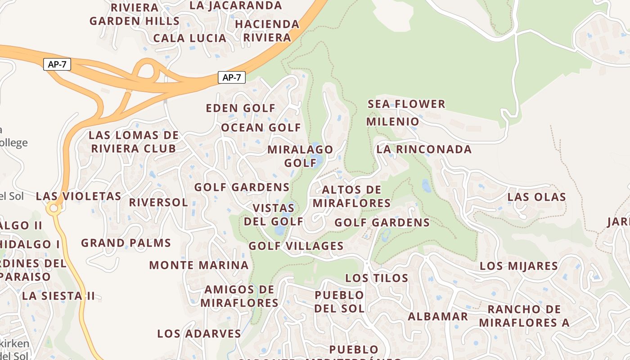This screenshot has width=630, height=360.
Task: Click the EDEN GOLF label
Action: click(240, 108)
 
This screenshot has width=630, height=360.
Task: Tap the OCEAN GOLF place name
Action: click(261, 128)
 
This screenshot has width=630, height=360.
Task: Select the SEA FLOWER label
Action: click(406, 104)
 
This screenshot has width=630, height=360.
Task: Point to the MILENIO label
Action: click(392, 122)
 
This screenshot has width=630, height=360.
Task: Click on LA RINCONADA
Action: click(424, 149)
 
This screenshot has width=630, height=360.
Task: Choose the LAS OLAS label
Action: click(536, 197)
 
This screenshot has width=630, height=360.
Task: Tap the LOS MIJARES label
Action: click(518, 266)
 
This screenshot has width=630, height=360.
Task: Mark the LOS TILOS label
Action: click(377, 278)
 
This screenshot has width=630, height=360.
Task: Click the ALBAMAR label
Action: click(437, 316)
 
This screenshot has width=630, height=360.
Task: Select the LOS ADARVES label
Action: click(199, 334)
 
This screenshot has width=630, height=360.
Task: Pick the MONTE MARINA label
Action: click(198, 265)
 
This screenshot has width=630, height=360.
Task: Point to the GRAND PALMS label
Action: click(126, 243)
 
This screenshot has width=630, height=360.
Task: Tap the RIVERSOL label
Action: click(158, 202)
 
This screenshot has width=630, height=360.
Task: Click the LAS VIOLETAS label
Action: click(78, 197)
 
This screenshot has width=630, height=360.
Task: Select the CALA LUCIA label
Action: click(189, 38)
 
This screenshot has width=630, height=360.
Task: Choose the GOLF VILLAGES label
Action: click(296, 246)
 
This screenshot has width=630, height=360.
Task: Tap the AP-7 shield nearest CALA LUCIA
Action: click(231, 77)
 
